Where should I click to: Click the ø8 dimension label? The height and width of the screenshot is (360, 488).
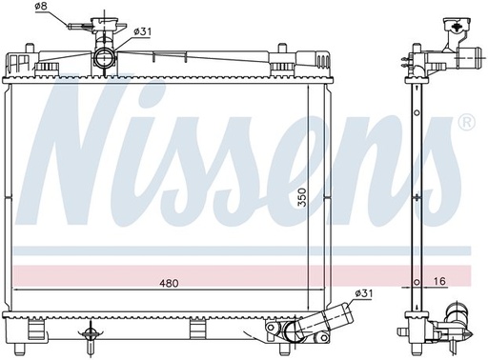[x=41, y=7]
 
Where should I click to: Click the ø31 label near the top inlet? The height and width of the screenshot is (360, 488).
[x=143, y=31]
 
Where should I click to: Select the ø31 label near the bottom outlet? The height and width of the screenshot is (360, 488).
[x=363, y=293]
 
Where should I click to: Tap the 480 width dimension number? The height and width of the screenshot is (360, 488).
[x=169, y=283]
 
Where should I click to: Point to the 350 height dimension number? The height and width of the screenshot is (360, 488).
[x=302, y=197]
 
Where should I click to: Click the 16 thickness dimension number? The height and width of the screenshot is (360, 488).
[x=439, y=281]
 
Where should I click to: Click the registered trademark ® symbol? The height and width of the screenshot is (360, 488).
[x=466, y=123]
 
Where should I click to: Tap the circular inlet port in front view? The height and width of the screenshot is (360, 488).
[x=105, y=57]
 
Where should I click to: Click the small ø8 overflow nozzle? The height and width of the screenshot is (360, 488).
[x=74, y=26]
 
